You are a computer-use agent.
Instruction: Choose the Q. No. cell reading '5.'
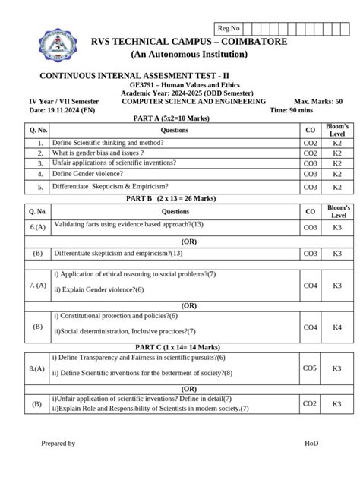coord(38,187)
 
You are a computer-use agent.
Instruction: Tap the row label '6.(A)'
coord(38,227)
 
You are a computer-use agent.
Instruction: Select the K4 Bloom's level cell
coord(337,327)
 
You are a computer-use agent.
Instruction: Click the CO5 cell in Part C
coord(310,368)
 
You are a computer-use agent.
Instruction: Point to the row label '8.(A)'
coord(38,368)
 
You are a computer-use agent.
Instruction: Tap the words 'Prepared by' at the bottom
coord(58,443)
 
